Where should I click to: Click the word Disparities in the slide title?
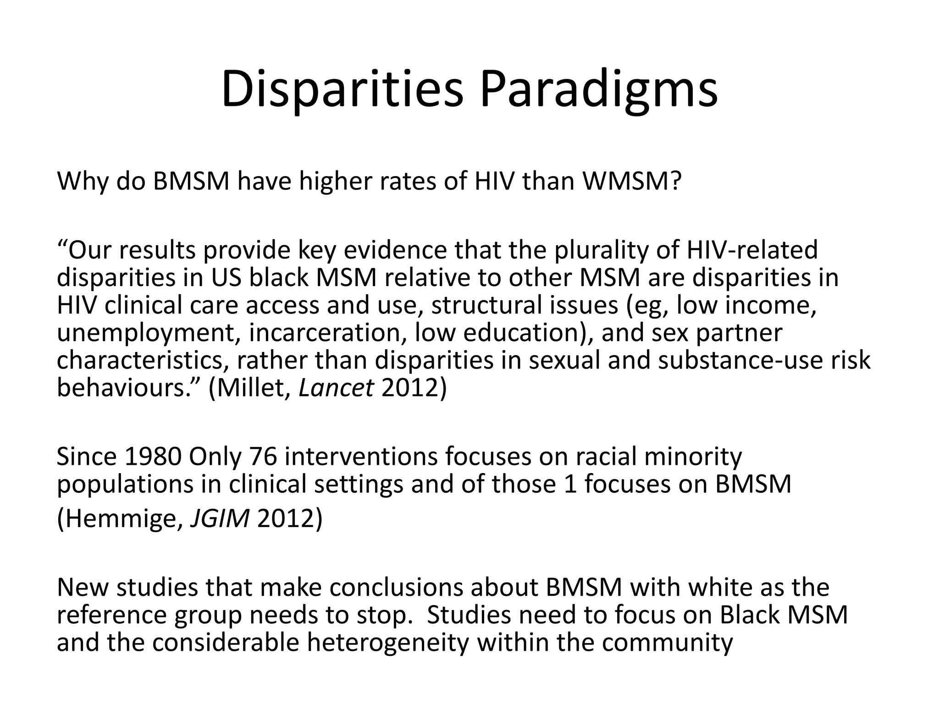[x=342, y=89]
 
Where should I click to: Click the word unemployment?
[x=149, y=333]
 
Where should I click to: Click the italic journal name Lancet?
[x=336, y=388]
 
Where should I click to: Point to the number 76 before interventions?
[x=263, y=457]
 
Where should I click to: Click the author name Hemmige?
[x=120, y=518]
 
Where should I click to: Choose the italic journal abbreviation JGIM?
[x=220, y=518]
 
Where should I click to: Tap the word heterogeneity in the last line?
[x=388, y=642]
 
